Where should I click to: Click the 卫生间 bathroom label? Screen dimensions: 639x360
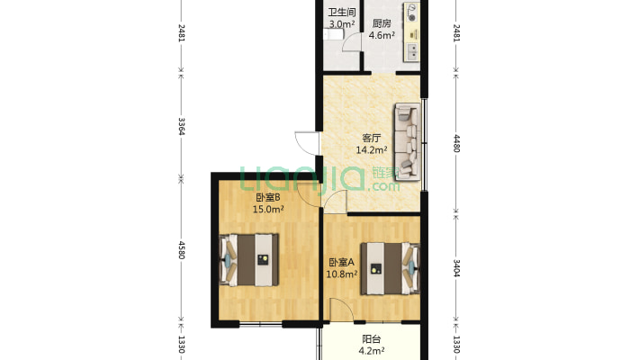[342, 13]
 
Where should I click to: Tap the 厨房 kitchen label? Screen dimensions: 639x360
[382, 23]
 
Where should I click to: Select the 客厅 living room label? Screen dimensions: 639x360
[372, 139]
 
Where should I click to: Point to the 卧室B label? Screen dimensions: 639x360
[267, 198]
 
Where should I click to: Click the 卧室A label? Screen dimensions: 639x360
[341, 262]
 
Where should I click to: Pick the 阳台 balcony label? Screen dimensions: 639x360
[372, 338]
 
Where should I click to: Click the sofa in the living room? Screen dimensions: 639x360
[407, 141]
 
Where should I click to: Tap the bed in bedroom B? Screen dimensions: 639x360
[249, 260]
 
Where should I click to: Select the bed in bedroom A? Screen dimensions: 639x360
[390, 269]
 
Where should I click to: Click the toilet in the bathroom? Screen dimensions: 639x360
[334, 34]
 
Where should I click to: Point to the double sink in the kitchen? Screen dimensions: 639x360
[411, 52]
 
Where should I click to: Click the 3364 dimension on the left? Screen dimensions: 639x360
[181, 126]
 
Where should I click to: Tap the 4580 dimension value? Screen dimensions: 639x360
[181, 250]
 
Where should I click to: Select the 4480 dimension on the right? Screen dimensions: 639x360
[456, 143]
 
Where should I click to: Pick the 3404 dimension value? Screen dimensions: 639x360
[456, 268]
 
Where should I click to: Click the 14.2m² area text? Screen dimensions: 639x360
[372, 150]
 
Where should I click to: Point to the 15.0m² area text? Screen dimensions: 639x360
[267, 210]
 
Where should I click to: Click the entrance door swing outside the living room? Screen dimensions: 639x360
[307, 143]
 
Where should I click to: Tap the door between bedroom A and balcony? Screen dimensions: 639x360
[341, 310]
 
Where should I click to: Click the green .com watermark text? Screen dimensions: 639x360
[383, 186]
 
